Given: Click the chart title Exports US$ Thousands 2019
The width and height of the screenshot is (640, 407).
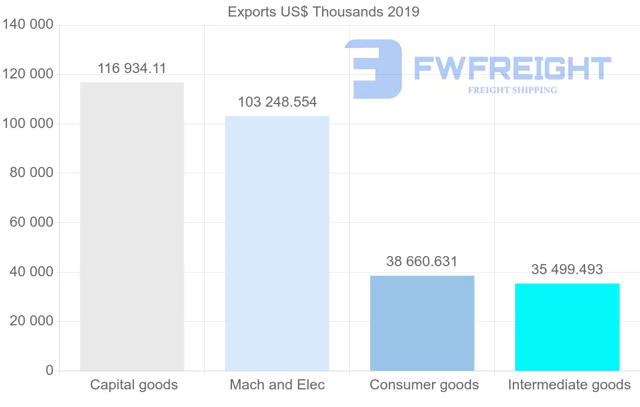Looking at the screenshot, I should click(323, 12).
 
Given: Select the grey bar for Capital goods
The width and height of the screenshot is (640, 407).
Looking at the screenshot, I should click(132, 226).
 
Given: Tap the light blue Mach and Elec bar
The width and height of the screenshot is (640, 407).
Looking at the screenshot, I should click(277, 243).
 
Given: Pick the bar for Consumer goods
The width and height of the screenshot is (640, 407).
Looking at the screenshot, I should click(422, 323).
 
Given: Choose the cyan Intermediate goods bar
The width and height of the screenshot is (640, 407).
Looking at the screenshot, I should click(567, 326).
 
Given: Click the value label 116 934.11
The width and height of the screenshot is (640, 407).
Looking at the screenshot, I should click(132, 68).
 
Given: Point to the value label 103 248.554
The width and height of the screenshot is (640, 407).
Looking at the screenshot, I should click(277, 102).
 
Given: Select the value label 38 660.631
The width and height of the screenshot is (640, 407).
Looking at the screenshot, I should click(422, 261).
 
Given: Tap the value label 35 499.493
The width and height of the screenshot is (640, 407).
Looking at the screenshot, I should click(567, 269).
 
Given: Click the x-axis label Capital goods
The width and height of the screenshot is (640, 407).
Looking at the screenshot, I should click(134, 385).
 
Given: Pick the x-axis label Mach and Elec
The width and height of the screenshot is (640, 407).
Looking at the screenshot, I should click(277, 385).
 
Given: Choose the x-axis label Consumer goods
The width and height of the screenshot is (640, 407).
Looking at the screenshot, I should click(424, 385).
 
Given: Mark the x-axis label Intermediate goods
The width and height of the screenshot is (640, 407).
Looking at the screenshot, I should click(569, 385).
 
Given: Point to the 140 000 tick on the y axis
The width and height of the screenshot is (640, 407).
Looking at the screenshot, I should click(28, 25).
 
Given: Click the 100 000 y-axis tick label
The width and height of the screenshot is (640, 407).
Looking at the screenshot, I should click(28, 123).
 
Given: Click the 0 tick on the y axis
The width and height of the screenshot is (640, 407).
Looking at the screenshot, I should click(50, 370).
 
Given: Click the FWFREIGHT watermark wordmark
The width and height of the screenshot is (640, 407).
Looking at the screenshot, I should click(512, 68).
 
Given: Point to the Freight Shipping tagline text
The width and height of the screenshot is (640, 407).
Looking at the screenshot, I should click(513, 90).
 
